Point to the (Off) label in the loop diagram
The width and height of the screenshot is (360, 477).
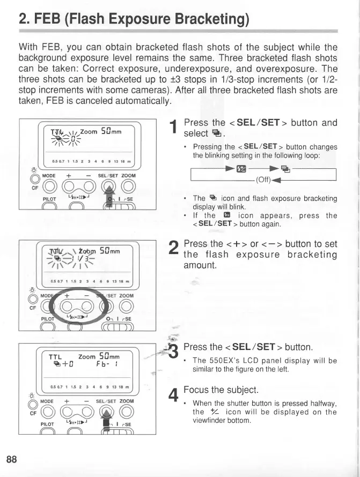pos(266,179)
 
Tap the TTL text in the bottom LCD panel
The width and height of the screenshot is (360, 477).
pos(55,356)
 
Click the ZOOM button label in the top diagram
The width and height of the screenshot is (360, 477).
pos(128,175)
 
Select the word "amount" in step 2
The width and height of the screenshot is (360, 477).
pos(200,265)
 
